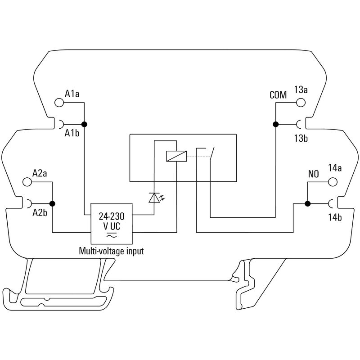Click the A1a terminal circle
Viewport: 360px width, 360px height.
pyautogui.click(x=59, y=103)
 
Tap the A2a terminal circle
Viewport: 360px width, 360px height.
pyautogui.click(x=27, y=182)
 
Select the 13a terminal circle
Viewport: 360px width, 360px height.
pyautogui.click(x=301, y=103)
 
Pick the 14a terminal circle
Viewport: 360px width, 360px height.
pyautogui.click(x=333, y=182)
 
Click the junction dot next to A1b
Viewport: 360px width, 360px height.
pyautogui.click(x=85, y=125)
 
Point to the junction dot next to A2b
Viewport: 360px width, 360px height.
pyautogui.click(x=53, y=204)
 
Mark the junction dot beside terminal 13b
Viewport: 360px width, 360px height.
pyautogui.click(x=275, y=125)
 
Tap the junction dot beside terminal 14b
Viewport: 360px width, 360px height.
pyautogui.click(x=307, y=204)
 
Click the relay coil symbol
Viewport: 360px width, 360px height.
pyautogui.click(x=176, y=156)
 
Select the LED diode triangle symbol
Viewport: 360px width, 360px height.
pyautogui.click(x=154, y=198)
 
